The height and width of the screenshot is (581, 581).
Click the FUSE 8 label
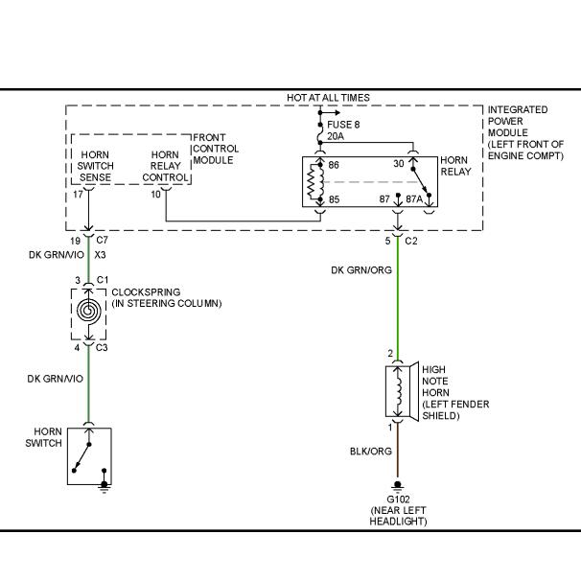[343, 125]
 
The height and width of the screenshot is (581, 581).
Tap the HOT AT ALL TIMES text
[328, 98]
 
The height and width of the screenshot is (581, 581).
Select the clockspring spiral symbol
[88, 310]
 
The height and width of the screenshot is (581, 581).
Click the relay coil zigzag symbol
[316, 181]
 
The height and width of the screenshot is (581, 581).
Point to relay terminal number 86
[334, 165]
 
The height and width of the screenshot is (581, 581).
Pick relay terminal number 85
[334, 199]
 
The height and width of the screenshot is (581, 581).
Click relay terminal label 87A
[414, 199]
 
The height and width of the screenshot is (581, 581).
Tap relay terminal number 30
[398, 163]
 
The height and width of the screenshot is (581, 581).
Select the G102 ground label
[398, 499]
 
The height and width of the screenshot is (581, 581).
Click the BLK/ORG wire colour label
[370, 451]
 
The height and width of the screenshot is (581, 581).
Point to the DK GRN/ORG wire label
[361, 269]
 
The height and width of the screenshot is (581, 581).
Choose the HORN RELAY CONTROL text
[165, 166]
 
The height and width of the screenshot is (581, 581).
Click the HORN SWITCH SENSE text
[95, 166]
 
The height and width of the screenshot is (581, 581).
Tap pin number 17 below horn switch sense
[78, 195]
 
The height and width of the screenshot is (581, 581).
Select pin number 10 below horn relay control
[155, 195]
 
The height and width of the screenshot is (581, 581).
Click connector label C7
[102, 240]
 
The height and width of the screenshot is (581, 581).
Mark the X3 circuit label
[100, 255]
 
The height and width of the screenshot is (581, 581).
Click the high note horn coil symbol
[399, 392]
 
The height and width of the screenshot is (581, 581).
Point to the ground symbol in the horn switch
[105, 488]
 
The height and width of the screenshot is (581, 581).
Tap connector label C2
[411, 242]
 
